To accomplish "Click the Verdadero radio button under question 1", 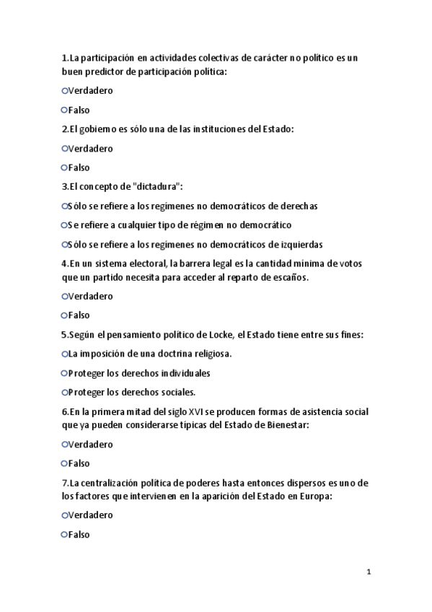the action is (64, 91).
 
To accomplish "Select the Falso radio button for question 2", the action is (64, 167).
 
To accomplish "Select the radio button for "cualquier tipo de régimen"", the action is (64, 224).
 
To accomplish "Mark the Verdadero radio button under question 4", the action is (64, 296).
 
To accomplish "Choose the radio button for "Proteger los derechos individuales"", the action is (64, 373).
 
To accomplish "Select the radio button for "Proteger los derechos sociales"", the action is (64, 392).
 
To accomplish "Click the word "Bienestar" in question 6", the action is (286, 425).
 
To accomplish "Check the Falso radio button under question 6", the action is (64, 463).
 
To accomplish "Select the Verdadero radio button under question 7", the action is (64, 515).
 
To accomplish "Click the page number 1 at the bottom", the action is (369, 572).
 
